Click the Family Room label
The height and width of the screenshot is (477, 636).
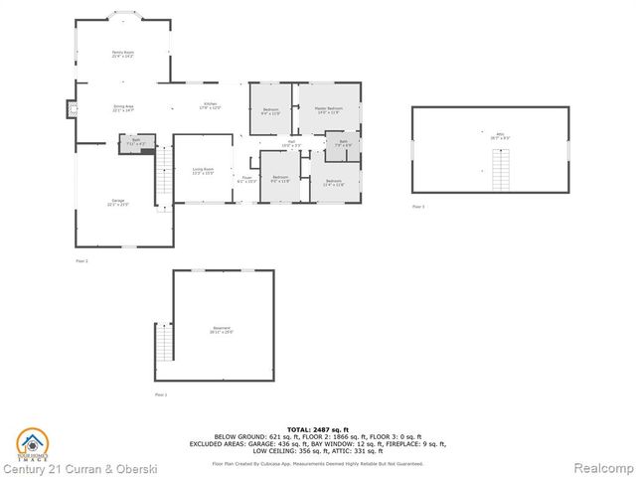(x=122, y=54)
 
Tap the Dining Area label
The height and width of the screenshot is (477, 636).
(x=122, y=109)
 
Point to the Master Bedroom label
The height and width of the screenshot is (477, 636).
(x=328, y=110)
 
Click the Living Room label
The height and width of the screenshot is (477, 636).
(x=203, y=171)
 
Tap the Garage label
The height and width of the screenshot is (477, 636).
(x=118, y=204)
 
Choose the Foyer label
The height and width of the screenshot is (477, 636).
(x=245, y=181)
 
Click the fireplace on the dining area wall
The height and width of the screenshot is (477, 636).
(x=72, y=110)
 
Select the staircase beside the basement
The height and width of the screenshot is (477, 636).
(x=164, y=343)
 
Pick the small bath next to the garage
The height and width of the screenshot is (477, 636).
(x=137, y=142)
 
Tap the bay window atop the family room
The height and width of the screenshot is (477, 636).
(x=124, y=15)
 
